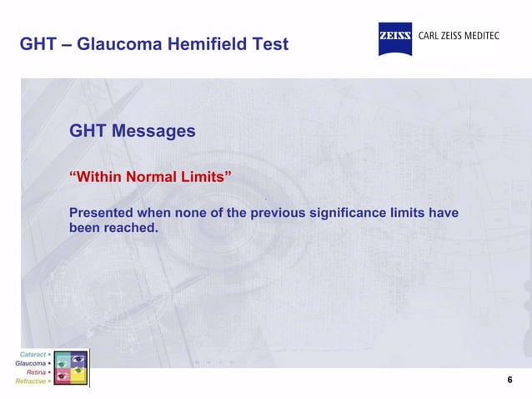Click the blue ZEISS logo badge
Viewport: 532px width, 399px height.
click(395, 38)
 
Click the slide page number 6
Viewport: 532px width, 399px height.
click(509, 381)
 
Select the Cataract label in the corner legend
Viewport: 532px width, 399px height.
click(33, 355)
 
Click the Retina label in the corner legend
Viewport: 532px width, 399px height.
click(37, 372)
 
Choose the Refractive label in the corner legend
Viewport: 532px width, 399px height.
click(32, 381)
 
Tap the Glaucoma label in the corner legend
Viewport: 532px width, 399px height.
click(32, 364)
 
